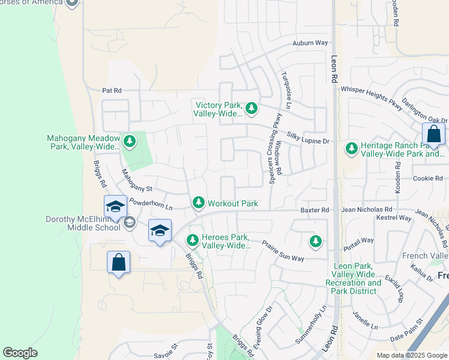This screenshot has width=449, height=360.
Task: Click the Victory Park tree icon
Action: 252,109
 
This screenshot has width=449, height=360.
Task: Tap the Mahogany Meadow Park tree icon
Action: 129,142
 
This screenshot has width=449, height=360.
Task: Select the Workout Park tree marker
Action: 199,203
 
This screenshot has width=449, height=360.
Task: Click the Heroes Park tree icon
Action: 193,240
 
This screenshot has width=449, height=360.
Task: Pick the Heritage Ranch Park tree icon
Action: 351,148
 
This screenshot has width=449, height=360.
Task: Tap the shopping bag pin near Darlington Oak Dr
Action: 433,134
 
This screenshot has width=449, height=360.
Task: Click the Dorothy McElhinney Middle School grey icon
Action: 128,223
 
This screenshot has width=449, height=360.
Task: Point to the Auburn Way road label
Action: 310,43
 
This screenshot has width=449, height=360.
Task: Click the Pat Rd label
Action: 112,91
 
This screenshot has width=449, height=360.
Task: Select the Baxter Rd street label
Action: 315,210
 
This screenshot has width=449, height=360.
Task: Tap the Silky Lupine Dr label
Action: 309,140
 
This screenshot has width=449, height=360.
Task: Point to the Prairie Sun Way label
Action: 283,251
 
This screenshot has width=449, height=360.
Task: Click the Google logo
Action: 20,353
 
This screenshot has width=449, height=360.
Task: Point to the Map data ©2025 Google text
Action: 412,355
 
